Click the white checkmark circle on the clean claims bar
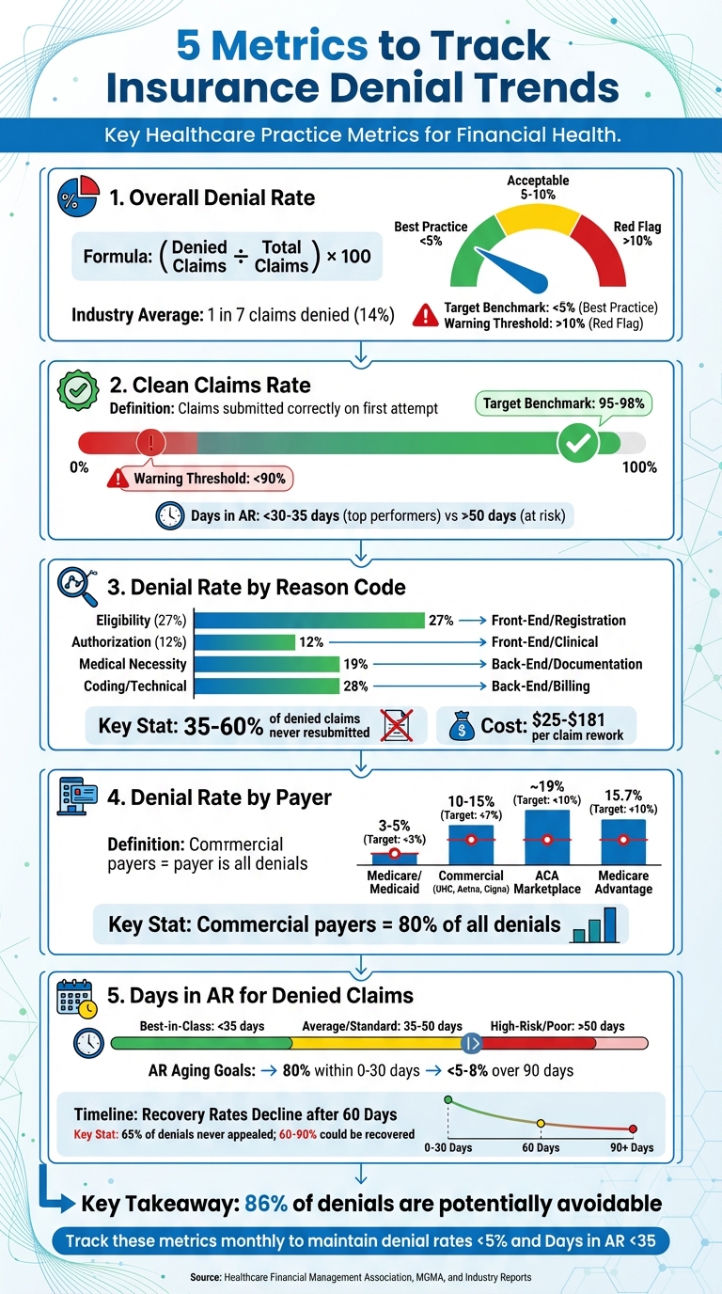577,442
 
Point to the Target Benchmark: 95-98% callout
563,403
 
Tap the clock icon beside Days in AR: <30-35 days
169,514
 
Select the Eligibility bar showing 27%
309,620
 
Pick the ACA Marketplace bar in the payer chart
547,837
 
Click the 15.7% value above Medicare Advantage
622,795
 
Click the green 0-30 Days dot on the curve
447,1098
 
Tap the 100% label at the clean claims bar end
639,467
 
